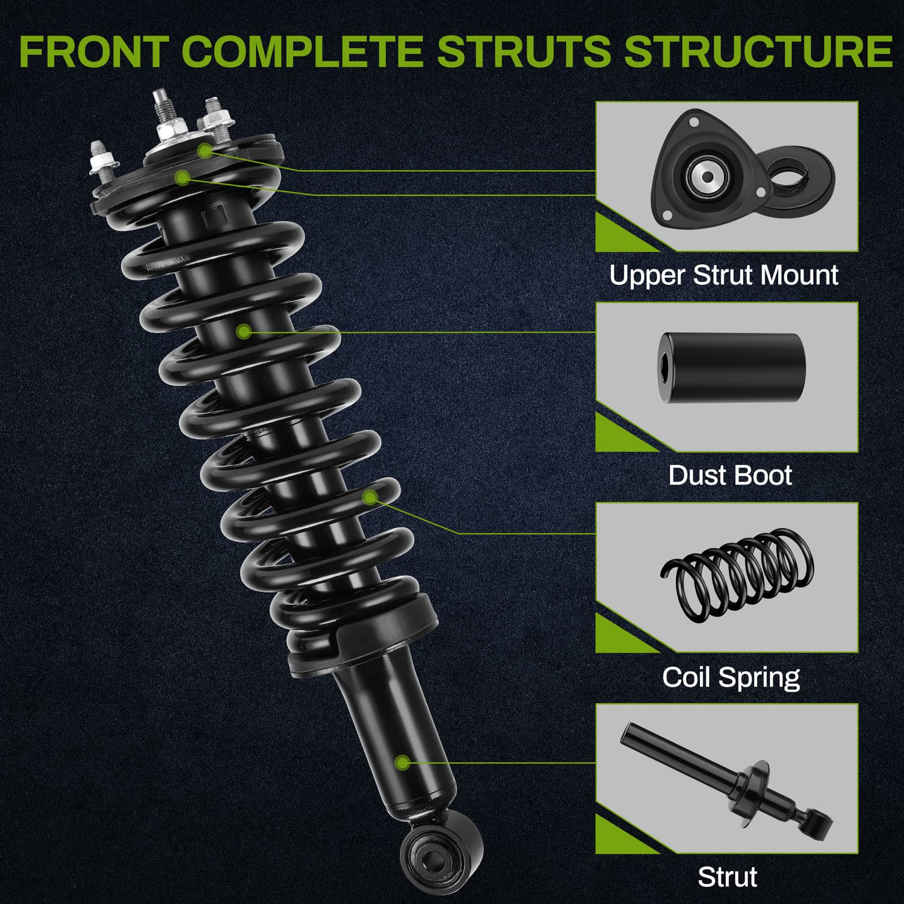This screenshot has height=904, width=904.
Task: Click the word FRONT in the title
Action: pos(94,51)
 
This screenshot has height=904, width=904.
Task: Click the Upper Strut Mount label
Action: pos(724,276)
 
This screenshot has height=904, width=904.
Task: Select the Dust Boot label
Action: pos(730,476)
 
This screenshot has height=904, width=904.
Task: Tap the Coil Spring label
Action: pos(731,677)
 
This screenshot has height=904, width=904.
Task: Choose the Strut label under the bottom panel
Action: pos(727,877)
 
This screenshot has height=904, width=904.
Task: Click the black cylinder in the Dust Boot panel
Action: pos(732,369)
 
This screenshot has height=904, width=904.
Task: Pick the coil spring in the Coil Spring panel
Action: pos(737,576)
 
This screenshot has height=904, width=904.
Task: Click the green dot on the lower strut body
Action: pos(402,763)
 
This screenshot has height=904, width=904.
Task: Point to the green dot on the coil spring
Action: pos(370,497)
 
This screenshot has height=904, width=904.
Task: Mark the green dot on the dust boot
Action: pos(244,331)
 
